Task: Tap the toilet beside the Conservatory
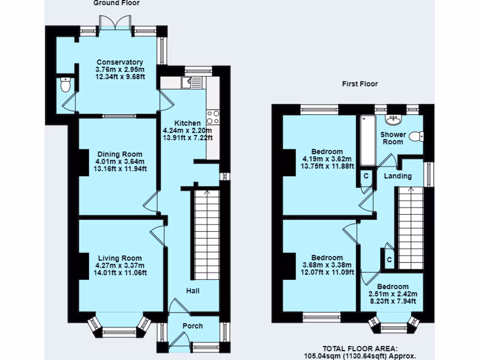point(65,85)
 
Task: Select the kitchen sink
point(192,83)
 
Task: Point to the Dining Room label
point(120,154)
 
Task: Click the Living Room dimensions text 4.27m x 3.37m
point(120,265)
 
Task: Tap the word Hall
point(193,291)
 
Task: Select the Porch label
point(193,326)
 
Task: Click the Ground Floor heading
point(116,3)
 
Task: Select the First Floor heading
point(359,84)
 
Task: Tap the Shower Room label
point(393,138)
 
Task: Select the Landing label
point(397,176)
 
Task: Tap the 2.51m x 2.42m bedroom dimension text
point(393,294)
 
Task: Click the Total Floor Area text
point(360,352)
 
